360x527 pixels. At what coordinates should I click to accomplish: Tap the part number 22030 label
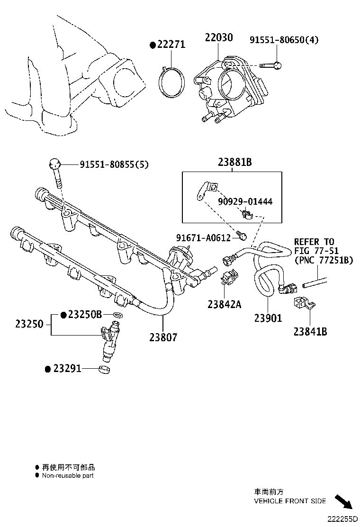[218, 38]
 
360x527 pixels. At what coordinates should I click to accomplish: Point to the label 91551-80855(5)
[114, 165]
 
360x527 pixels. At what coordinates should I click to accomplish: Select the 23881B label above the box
[234, 162]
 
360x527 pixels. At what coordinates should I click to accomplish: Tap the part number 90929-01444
[245, 202]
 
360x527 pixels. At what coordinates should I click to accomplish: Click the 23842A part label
[224, 304]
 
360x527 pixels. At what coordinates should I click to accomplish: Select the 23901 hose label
[268, 318]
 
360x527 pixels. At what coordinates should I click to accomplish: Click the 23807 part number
[163, 337]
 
